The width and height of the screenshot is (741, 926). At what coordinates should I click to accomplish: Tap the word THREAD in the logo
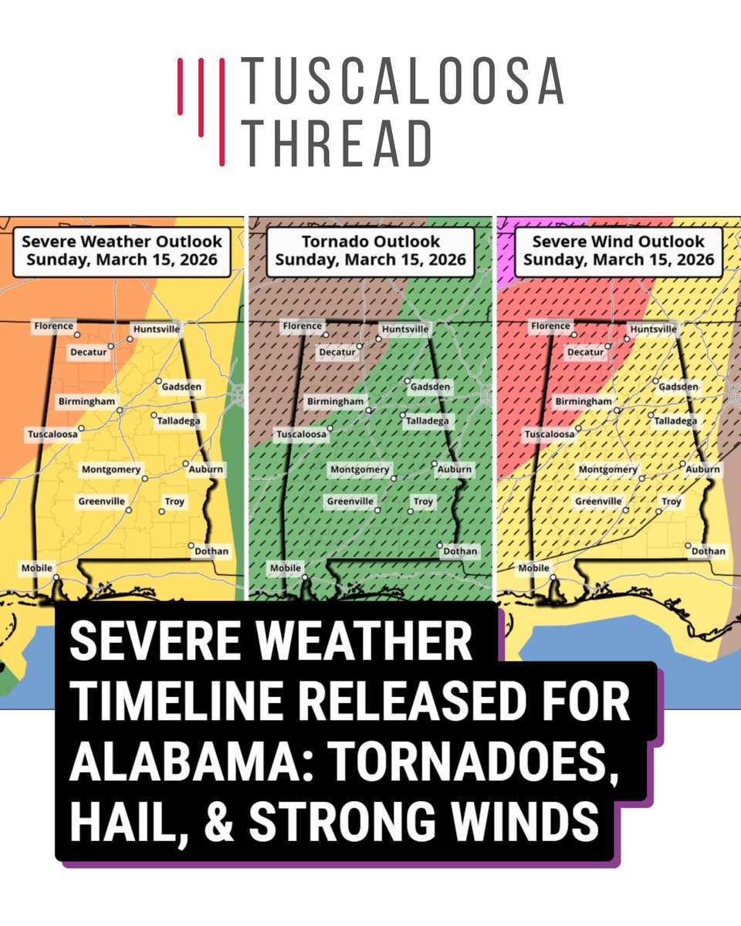(337, 144)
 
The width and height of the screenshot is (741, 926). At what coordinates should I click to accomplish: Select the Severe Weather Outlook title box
(122, 251)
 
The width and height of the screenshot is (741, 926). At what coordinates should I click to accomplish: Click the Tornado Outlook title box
(370, 251)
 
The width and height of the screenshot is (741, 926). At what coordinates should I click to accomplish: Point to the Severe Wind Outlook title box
(618, 251)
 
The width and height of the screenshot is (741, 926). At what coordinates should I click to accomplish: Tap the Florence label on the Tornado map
(302, 326)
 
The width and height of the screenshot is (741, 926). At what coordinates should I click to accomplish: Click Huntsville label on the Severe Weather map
(157, 330)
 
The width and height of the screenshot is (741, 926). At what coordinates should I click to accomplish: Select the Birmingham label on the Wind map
(584, 402)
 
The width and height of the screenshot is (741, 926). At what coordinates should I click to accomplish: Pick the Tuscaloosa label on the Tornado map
(302, 435)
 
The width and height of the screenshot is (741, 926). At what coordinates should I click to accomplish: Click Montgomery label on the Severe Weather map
(112, 470)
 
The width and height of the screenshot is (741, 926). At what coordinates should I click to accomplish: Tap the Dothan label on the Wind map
(708, 551)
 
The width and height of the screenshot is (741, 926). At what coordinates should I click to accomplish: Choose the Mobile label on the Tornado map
(285, 569)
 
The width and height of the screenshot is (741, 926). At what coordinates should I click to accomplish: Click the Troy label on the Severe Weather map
(175, 502)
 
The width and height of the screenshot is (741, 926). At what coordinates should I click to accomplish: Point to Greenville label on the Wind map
(598, 502)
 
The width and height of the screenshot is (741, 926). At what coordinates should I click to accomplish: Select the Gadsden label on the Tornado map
(430, 387)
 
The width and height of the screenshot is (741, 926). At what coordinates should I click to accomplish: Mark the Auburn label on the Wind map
(702, 469)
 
